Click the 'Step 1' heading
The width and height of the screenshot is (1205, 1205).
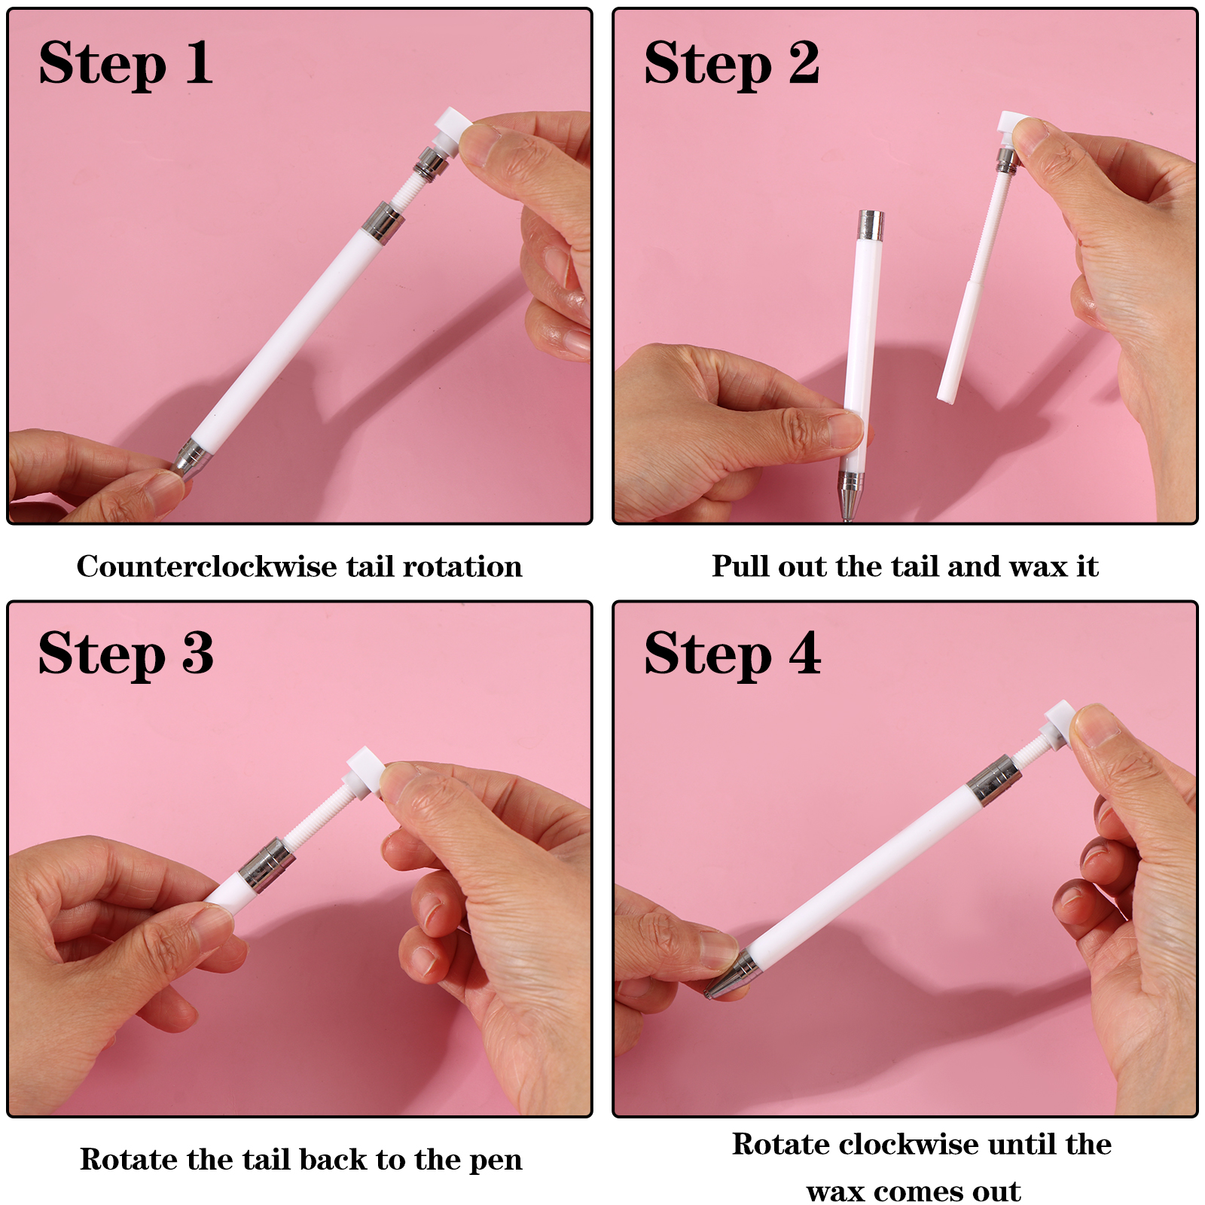[126, 63]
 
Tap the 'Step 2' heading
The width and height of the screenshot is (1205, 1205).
[731, 63]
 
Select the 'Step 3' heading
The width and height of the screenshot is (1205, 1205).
[126, 654]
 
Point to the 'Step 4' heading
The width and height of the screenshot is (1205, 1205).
[732, 654]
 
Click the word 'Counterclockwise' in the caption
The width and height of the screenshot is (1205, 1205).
[207, 566]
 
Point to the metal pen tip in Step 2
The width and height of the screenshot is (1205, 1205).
[850, 496]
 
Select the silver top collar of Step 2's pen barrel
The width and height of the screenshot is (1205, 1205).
[871, 225]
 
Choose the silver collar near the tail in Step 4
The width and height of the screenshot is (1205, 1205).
[993, 779]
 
